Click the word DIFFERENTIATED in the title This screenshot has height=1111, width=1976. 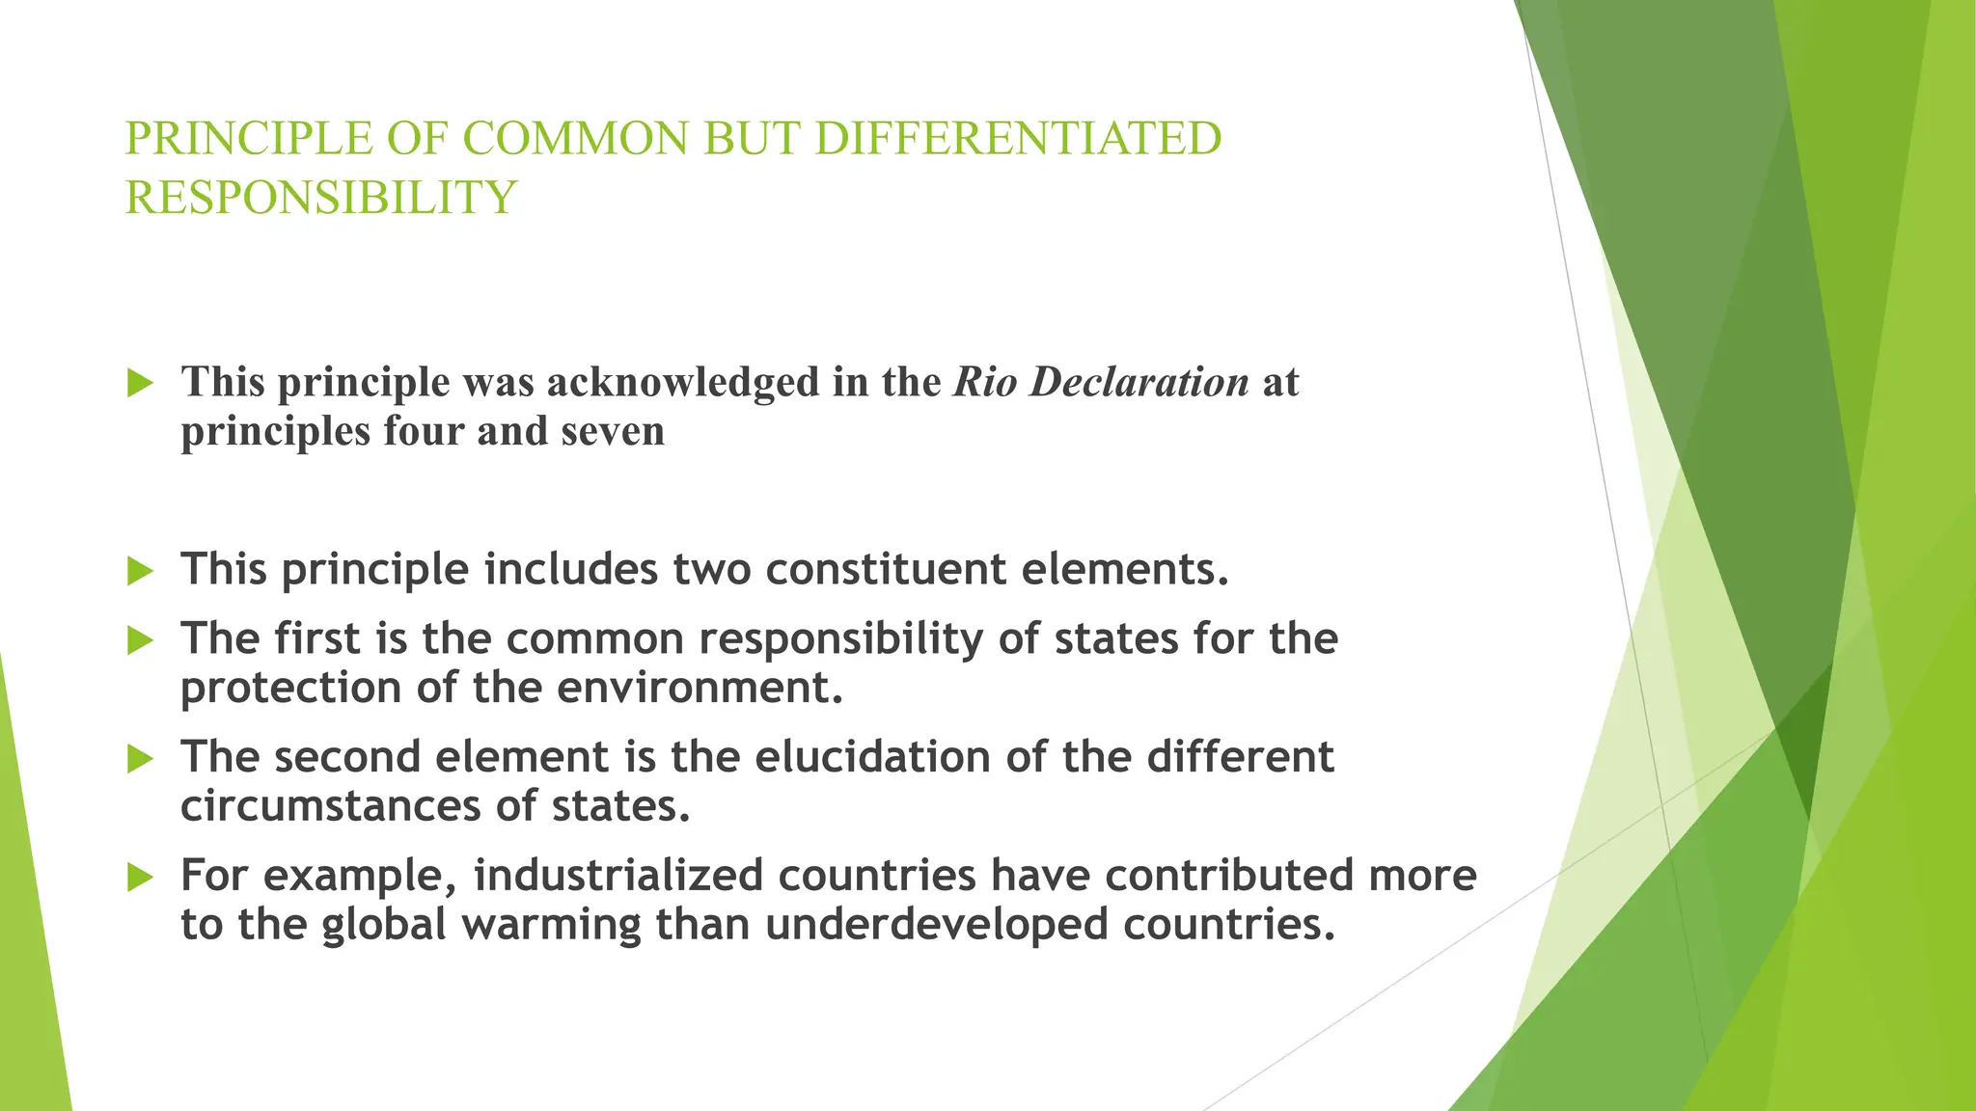point(1018,138)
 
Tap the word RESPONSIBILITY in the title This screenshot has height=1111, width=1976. point(321,198)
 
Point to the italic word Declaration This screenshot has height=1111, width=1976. point(1139,382)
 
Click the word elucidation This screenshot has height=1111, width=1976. point(872,756)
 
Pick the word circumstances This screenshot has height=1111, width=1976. point(331,805)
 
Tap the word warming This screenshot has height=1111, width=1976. point(551,924)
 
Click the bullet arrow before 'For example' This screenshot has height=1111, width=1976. point(141,877)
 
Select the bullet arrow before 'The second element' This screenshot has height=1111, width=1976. point(141,759)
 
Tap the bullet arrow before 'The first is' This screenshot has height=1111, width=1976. point(141,640)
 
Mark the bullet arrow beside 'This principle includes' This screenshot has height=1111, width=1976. point(141,571)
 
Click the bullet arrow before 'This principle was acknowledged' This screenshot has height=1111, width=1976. point(141,384)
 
